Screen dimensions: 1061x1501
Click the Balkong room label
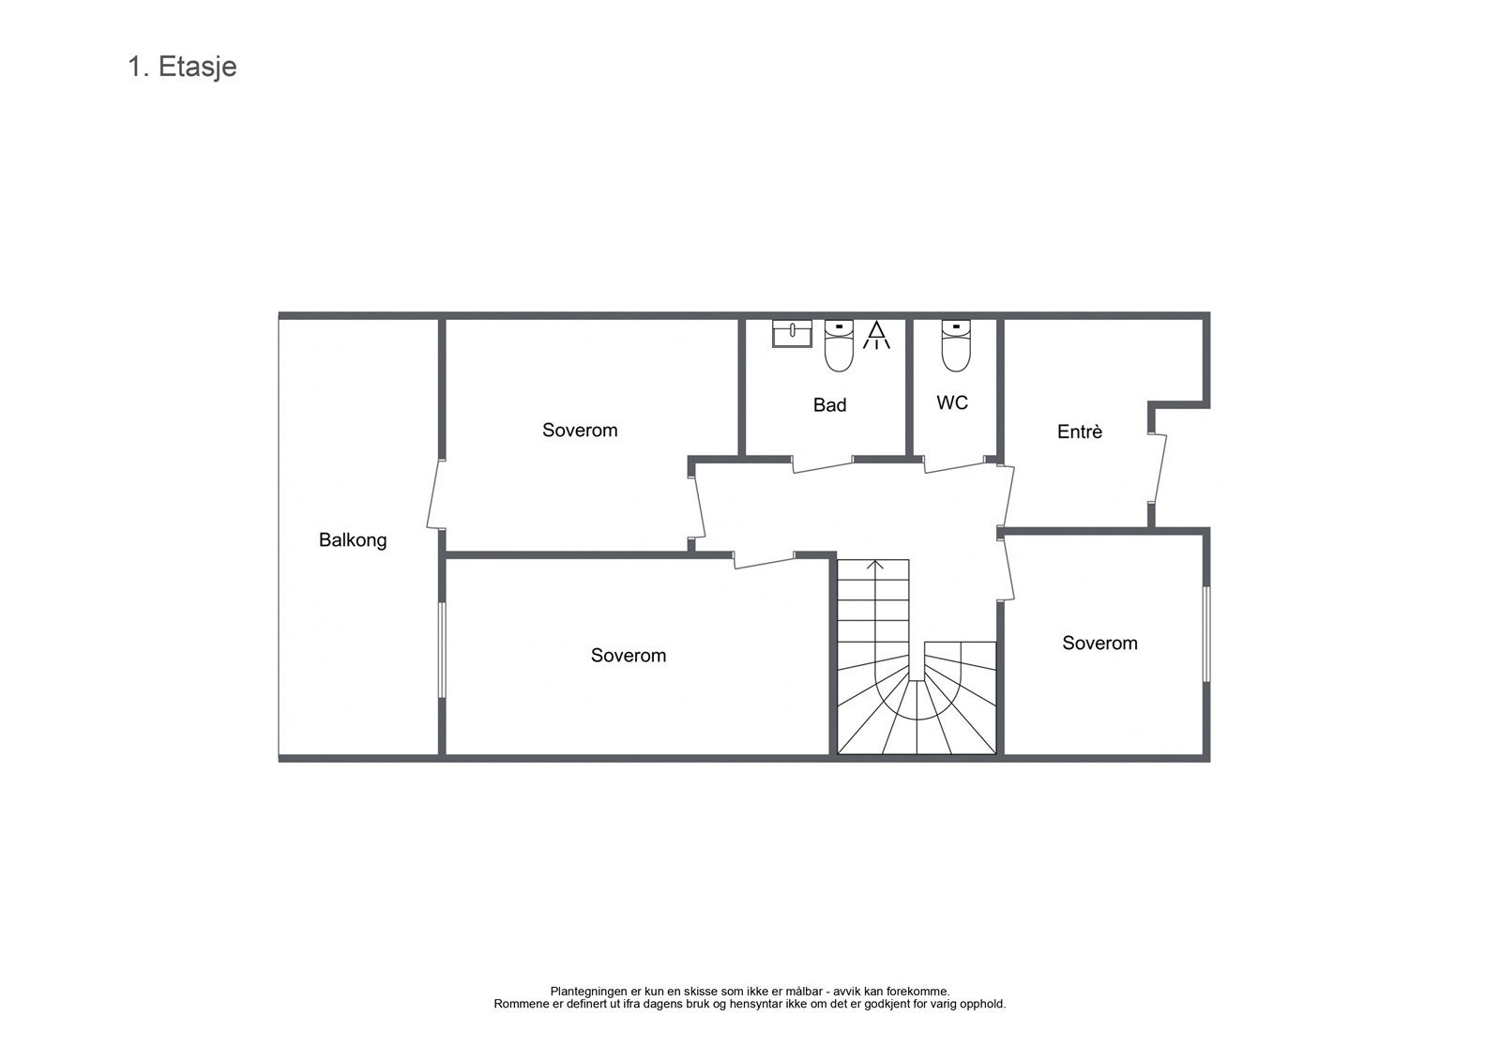point(353,540)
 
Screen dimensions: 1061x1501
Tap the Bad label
point(829,405)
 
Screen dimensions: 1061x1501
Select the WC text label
point(952,403)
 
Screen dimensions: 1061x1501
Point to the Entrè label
point(1079,432)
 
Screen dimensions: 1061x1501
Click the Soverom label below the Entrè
point(1099,644)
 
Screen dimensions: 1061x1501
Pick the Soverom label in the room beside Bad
point(580,431)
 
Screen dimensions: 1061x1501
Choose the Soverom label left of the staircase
point(628,656)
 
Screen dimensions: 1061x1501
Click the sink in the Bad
point(792,333)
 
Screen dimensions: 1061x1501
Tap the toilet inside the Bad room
point(838,344)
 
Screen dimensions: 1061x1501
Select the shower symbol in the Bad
point(876,335)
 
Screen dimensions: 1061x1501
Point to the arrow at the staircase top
point(874,565)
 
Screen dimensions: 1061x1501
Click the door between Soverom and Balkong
point(435,494)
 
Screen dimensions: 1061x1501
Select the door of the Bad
point(823,465)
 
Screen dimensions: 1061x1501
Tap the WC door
point(954,465)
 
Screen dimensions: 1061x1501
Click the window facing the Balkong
point(442,649)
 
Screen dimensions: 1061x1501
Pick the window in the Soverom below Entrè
point(1206,634)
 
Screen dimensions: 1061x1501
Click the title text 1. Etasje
point(182,68)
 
